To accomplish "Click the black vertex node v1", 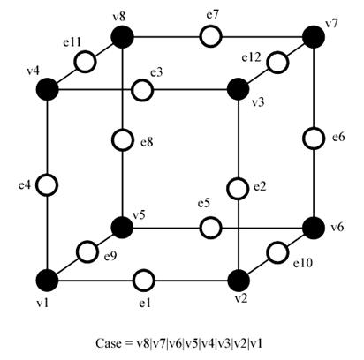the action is click(47, 281).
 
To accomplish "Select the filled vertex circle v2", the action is click(239, 281).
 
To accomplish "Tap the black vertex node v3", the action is click(239, 89).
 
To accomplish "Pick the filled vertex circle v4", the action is click(47, 89).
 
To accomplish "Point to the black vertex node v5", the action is click(122, 228).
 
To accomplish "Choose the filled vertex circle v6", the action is click(314, 228).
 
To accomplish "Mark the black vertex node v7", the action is click(314, 37).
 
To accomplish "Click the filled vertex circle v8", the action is click(122, 37).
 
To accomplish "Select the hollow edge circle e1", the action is click(144, 281).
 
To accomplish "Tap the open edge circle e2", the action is click(238, 189).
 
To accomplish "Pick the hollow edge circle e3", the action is click(142, 90).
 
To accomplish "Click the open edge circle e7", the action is click(210, 36).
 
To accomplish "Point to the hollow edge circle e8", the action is click(122, 139).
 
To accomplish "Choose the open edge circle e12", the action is click(277, 63).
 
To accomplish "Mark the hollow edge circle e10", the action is click(277, 252).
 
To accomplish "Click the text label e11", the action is click(72, 42).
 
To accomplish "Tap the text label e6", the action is click(338, 137).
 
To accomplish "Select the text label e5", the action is click(204, 203).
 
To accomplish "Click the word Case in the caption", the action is click(109, 343).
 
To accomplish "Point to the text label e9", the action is click(110, 257).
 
